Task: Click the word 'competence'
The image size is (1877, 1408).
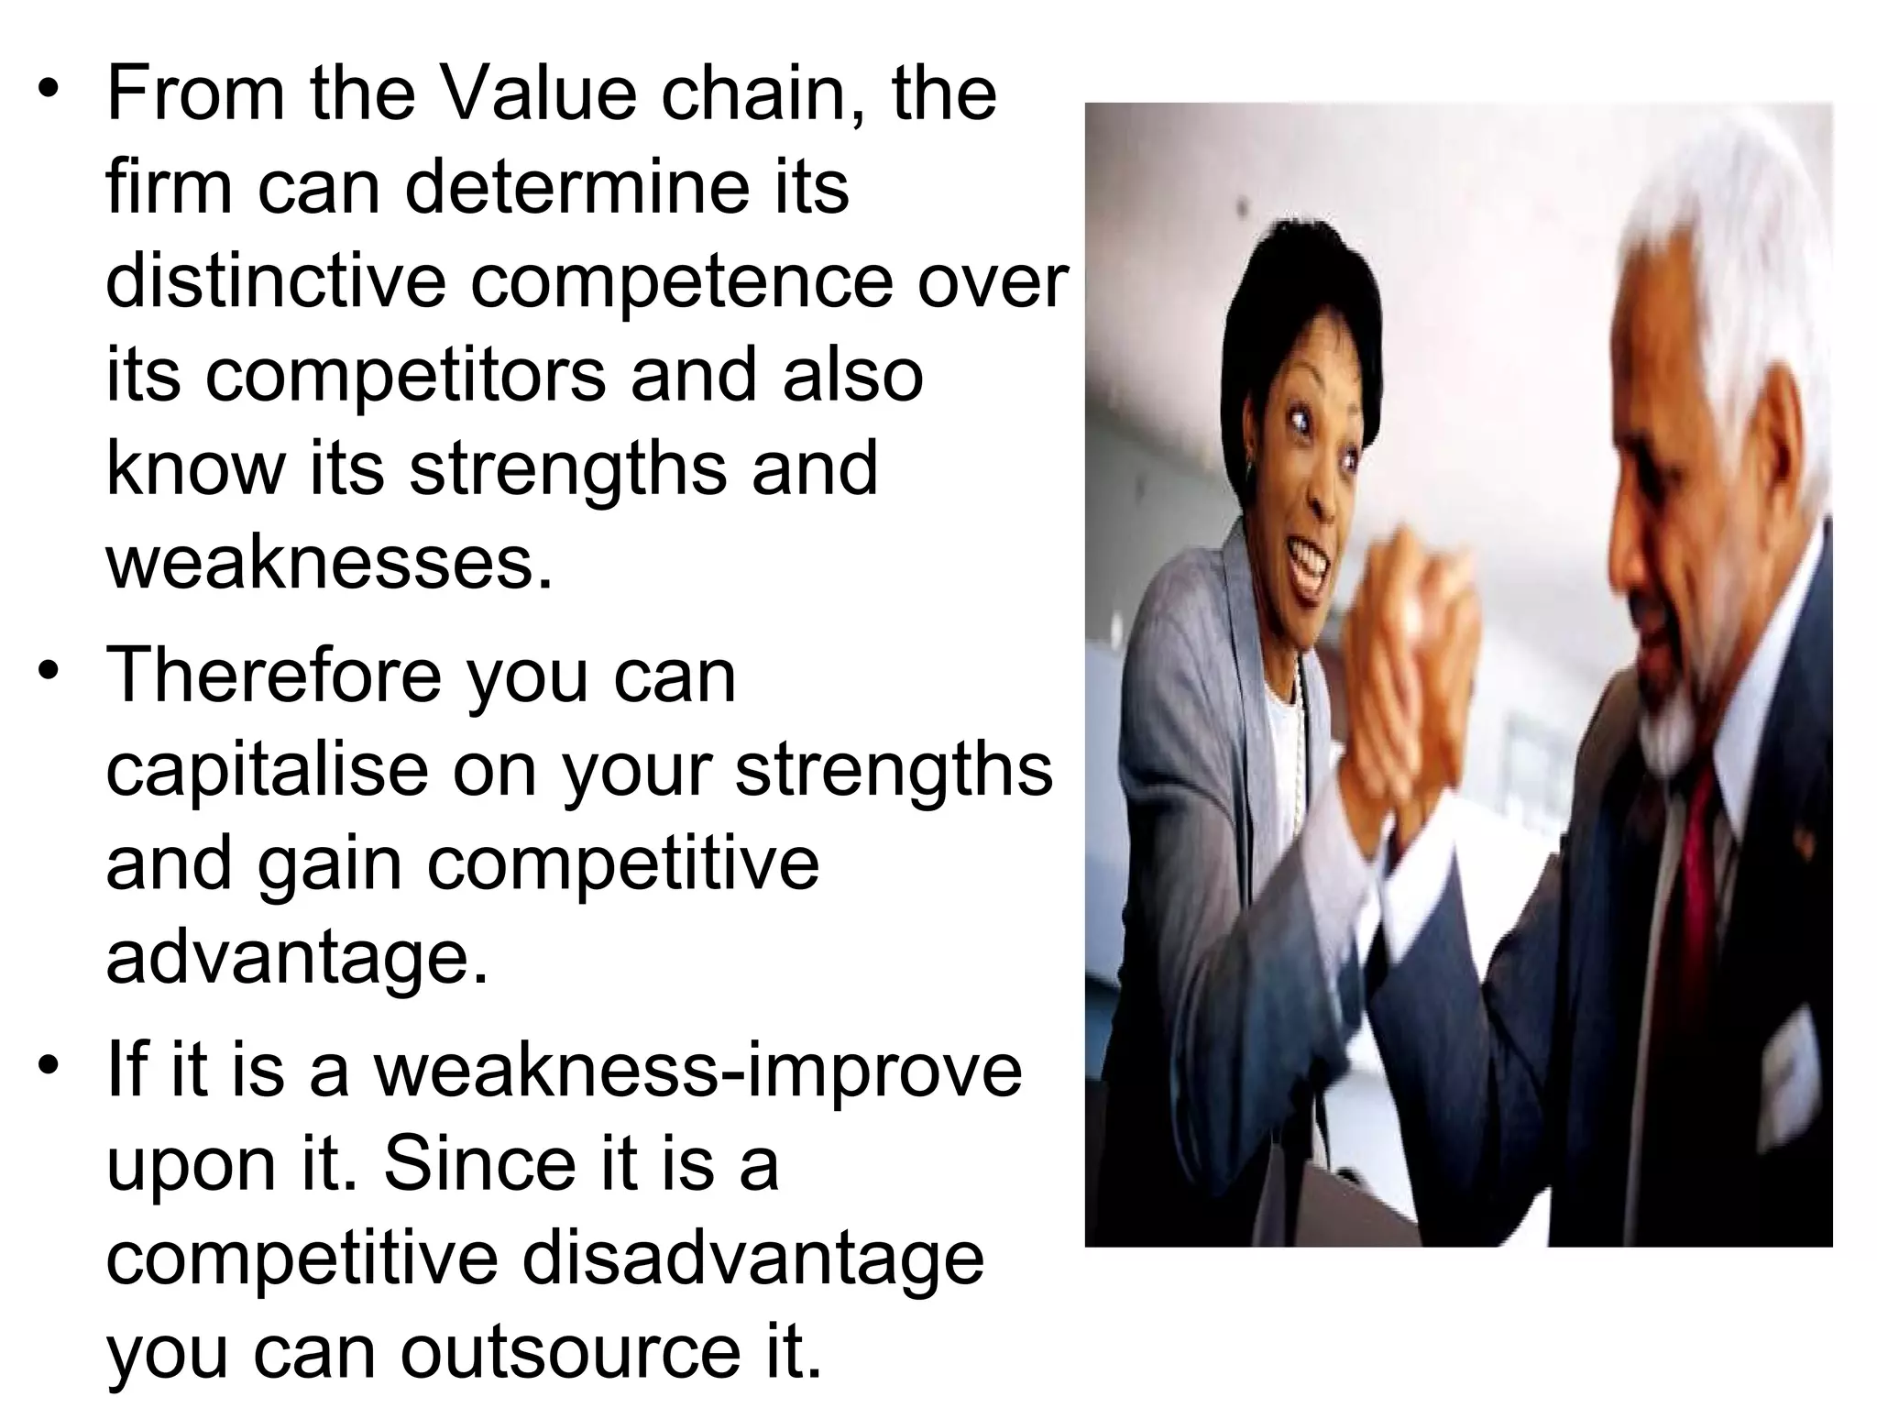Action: [x=681, y=284]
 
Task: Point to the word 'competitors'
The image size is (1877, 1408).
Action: [x=405, y=378]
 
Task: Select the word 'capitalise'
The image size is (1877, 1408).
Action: [x=267, y=772]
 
